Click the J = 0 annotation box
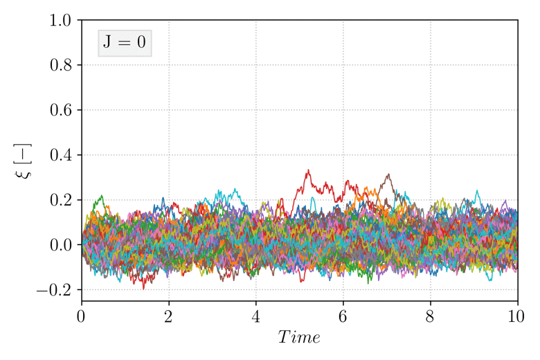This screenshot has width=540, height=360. pyautogui.click(x=125, y=43)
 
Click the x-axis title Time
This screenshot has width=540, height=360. pyautogui.click(x=299, y=338)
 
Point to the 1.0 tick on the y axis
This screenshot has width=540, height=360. pyautogui.click(x=61, y=21)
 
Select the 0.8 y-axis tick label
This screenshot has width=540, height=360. pyautogui.click(x=61, y=66)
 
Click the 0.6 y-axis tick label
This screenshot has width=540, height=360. pyautogui.click(x=61, y=111)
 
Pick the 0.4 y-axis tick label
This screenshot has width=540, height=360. pyautogui.click(x=61, y=155)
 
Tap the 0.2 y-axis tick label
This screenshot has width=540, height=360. pyautogui.click(x=61, y=200)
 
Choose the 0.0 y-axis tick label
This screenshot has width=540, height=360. pyautogui.click(x=61, y=245)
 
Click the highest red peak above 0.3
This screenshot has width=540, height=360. pyautogui.click(x=308, y=170)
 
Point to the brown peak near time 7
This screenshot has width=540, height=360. pyautogui.click(x=388, y=174)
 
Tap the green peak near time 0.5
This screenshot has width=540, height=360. pyautogui.click(x=102, y=196)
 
